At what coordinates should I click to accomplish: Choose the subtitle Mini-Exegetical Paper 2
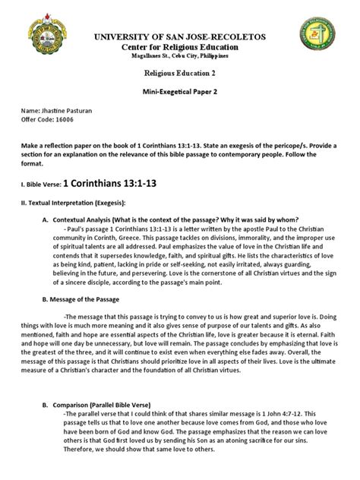pos(180,88)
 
